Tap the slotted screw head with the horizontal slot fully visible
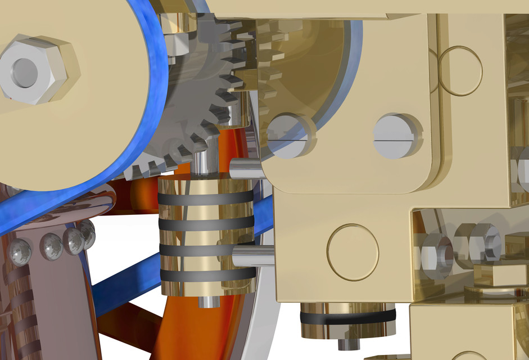click(x=398, y=136)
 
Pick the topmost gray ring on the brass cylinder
click(x=205, y=199)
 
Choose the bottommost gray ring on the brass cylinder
click(x=207, y=275)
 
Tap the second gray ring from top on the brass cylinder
click(x=205, y=223)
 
